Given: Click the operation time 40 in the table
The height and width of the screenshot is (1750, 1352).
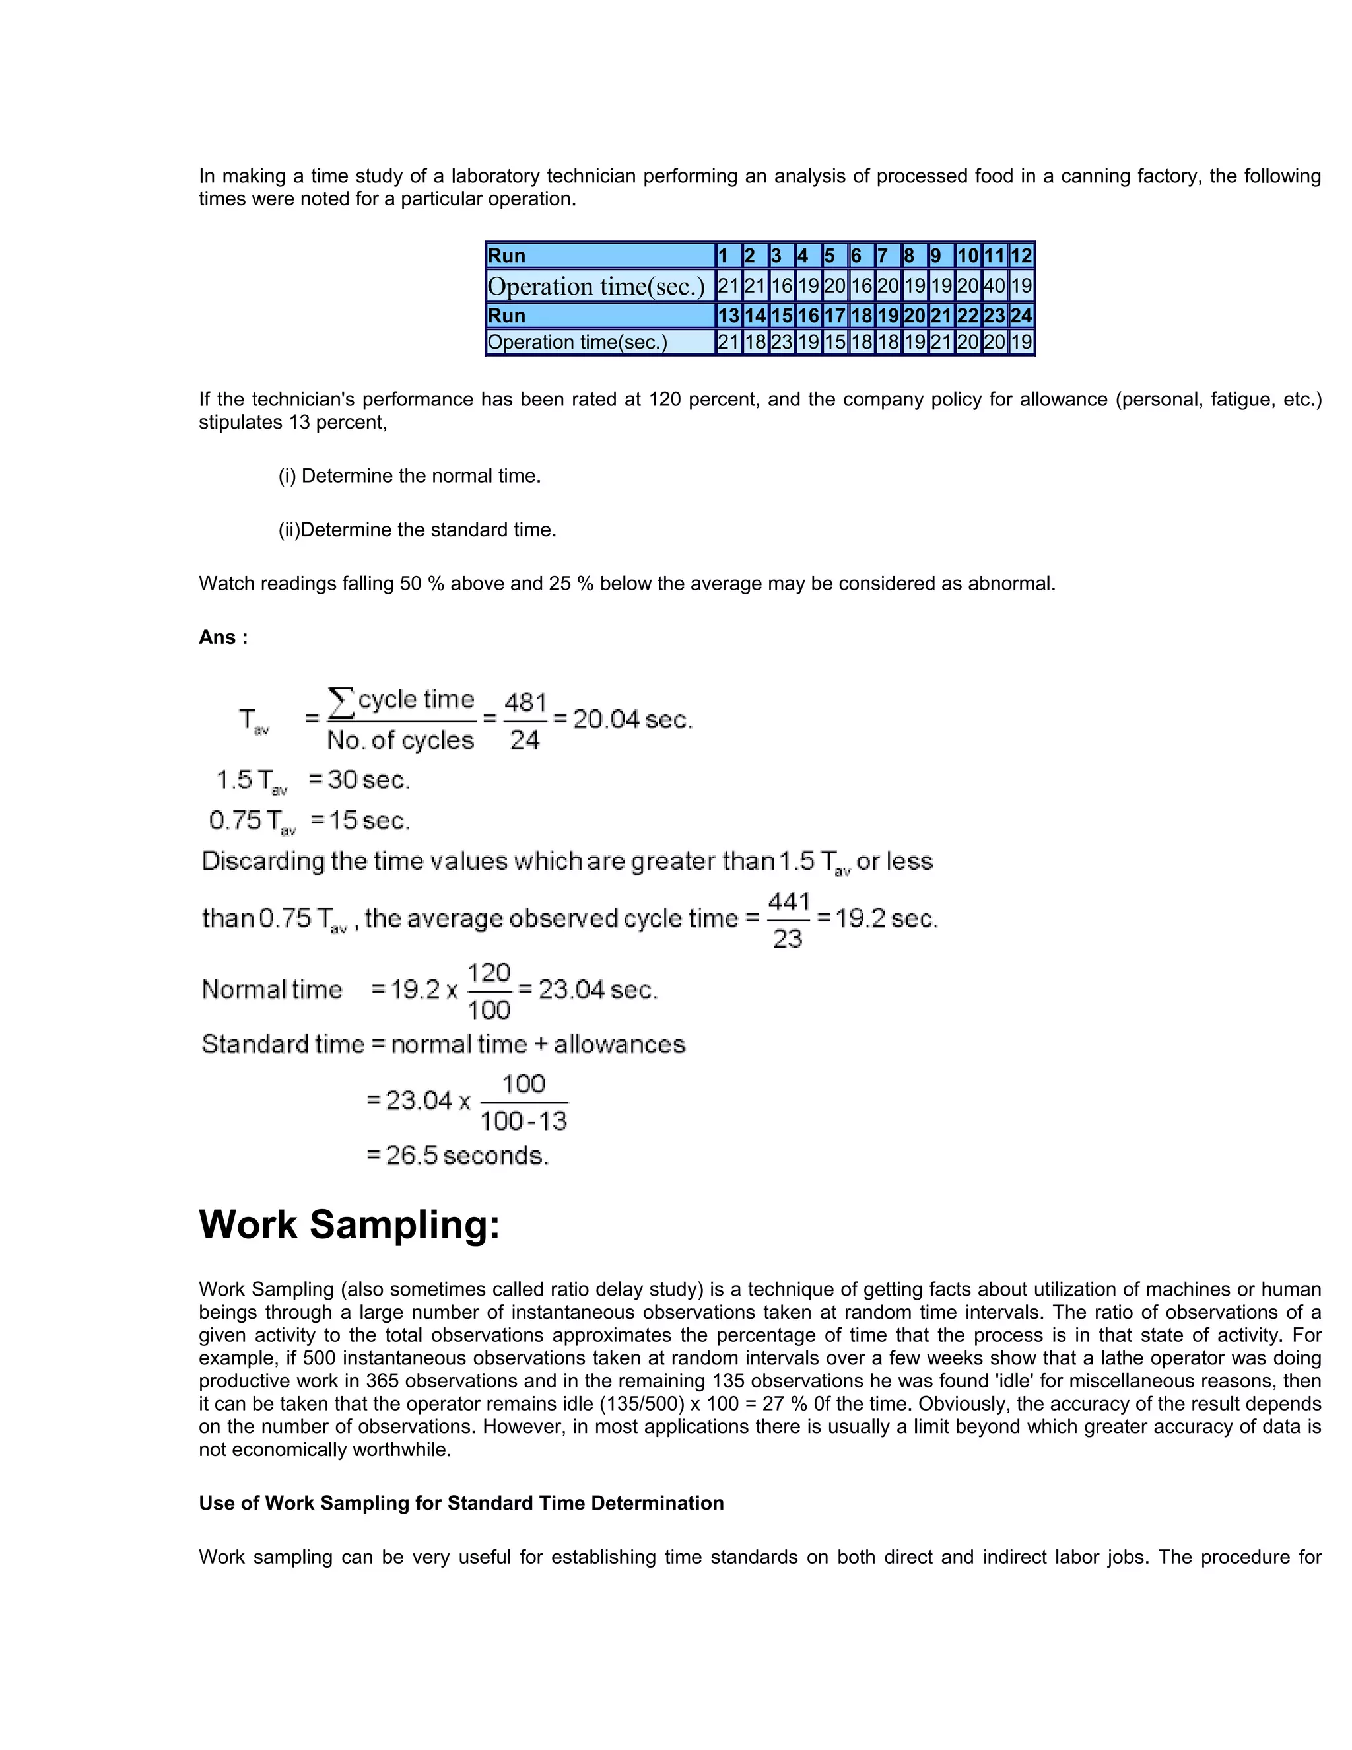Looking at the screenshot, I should click(x=994, y=285).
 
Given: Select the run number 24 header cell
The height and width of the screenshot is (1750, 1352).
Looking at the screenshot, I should click(x=1021, y=316).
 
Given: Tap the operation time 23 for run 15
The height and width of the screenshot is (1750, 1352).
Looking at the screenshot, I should click(x=781, y=342).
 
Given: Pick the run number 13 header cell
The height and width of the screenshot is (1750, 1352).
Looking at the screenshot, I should click(x=728, y=316).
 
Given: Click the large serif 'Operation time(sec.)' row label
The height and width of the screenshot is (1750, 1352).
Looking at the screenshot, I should click(x=597, y=286).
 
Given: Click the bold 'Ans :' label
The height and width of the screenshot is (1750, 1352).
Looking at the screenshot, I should click(x=222, y=638).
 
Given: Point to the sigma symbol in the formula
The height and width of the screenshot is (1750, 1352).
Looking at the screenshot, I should click(x=341, y=702).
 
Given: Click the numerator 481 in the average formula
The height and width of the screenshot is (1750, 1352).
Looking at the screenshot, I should click(x=525, y=703).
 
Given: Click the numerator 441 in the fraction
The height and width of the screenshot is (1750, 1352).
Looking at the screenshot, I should click(x=789, y=901).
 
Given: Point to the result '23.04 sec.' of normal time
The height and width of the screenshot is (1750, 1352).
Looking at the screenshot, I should click(x=597, y=990).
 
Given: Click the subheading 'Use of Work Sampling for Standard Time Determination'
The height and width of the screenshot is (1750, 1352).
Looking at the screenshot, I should click(x=461, y=1503).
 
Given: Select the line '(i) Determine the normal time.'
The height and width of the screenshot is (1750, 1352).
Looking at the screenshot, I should click(x=409, y=476).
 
